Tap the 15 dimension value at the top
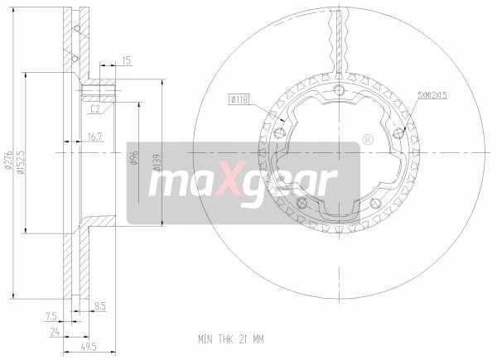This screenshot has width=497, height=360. (126, 60)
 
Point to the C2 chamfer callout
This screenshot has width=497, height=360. (95, 109)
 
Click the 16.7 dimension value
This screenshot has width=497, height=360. (94, 137)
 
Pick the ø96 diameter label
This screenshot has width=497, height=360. (135, 157)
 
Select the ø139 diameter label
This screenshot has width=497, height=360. (157, 162)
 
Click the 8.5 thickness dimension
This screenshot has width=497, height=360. (100, 306)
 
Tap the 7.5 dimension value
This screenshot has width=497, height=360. (51, 316)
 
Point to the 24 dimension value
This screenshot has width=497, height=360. (55, 332)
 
